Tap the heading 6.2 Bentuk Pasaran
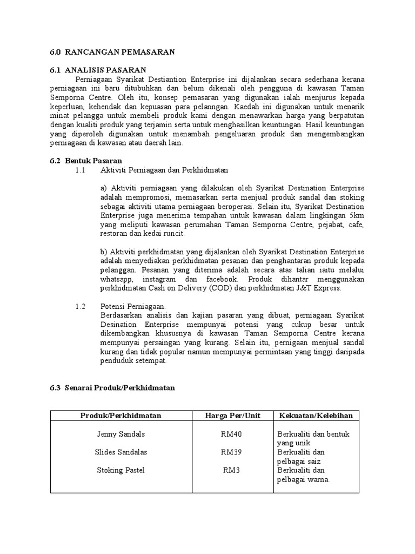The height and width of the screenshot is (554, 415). click(x=86, y=161)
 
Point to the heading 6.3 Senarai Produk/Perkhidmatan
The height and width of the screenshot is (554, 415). click(x=112, y=387)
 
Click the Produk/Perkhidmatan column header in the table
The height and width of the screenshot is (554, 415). click(x=121, y=415)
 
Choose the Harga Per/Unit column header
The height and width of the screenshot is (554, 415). click(x=232, y=415)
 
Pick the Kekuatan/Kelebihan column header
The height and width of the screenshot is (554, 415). click(x=316, y=415)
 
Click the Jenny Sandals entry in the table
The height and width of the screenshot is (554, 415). click(x=121, y=434)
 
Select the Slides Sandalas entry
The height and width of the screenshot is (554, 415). click(x=121, y=452)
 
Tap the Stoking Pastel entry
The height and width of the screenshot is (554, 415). click(x=121, y=470)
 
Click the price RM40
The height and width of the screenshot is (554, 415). click(x=232, y=434)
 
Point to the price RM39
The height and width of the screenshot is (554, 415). click(x=232, y=452)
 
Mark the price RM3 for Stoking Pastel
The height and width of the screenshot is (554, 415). click(x=231, y=470)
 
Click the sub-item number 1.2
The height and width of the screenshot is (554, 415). click(x=81, y=306)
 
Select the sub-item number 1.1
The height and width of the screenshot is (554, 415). click(x=81, y=170)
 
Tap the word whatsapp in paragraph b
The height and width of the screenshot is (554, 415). click(x=117, y=279)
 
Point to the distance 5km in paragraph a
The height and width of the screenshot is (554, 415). click(x=357, y=216)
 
